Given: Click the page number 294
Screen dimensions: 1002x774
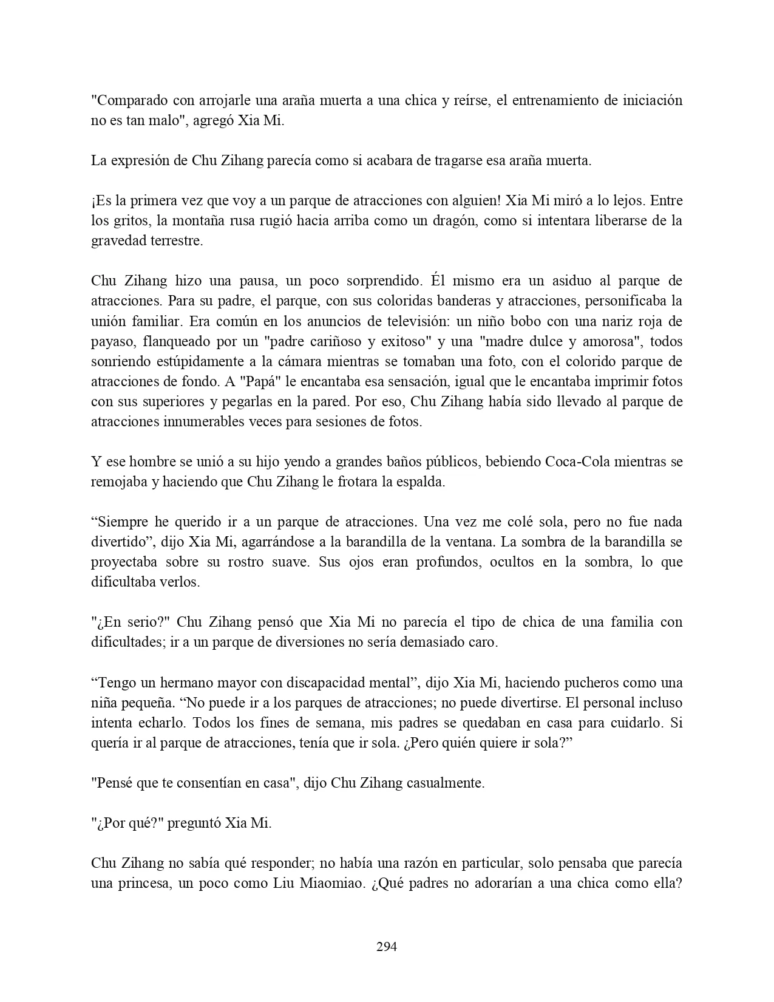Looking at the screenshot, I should [x=387, y=946].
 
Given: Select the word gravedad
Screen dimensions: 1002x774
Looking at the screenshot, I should [x=117, y=241].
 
